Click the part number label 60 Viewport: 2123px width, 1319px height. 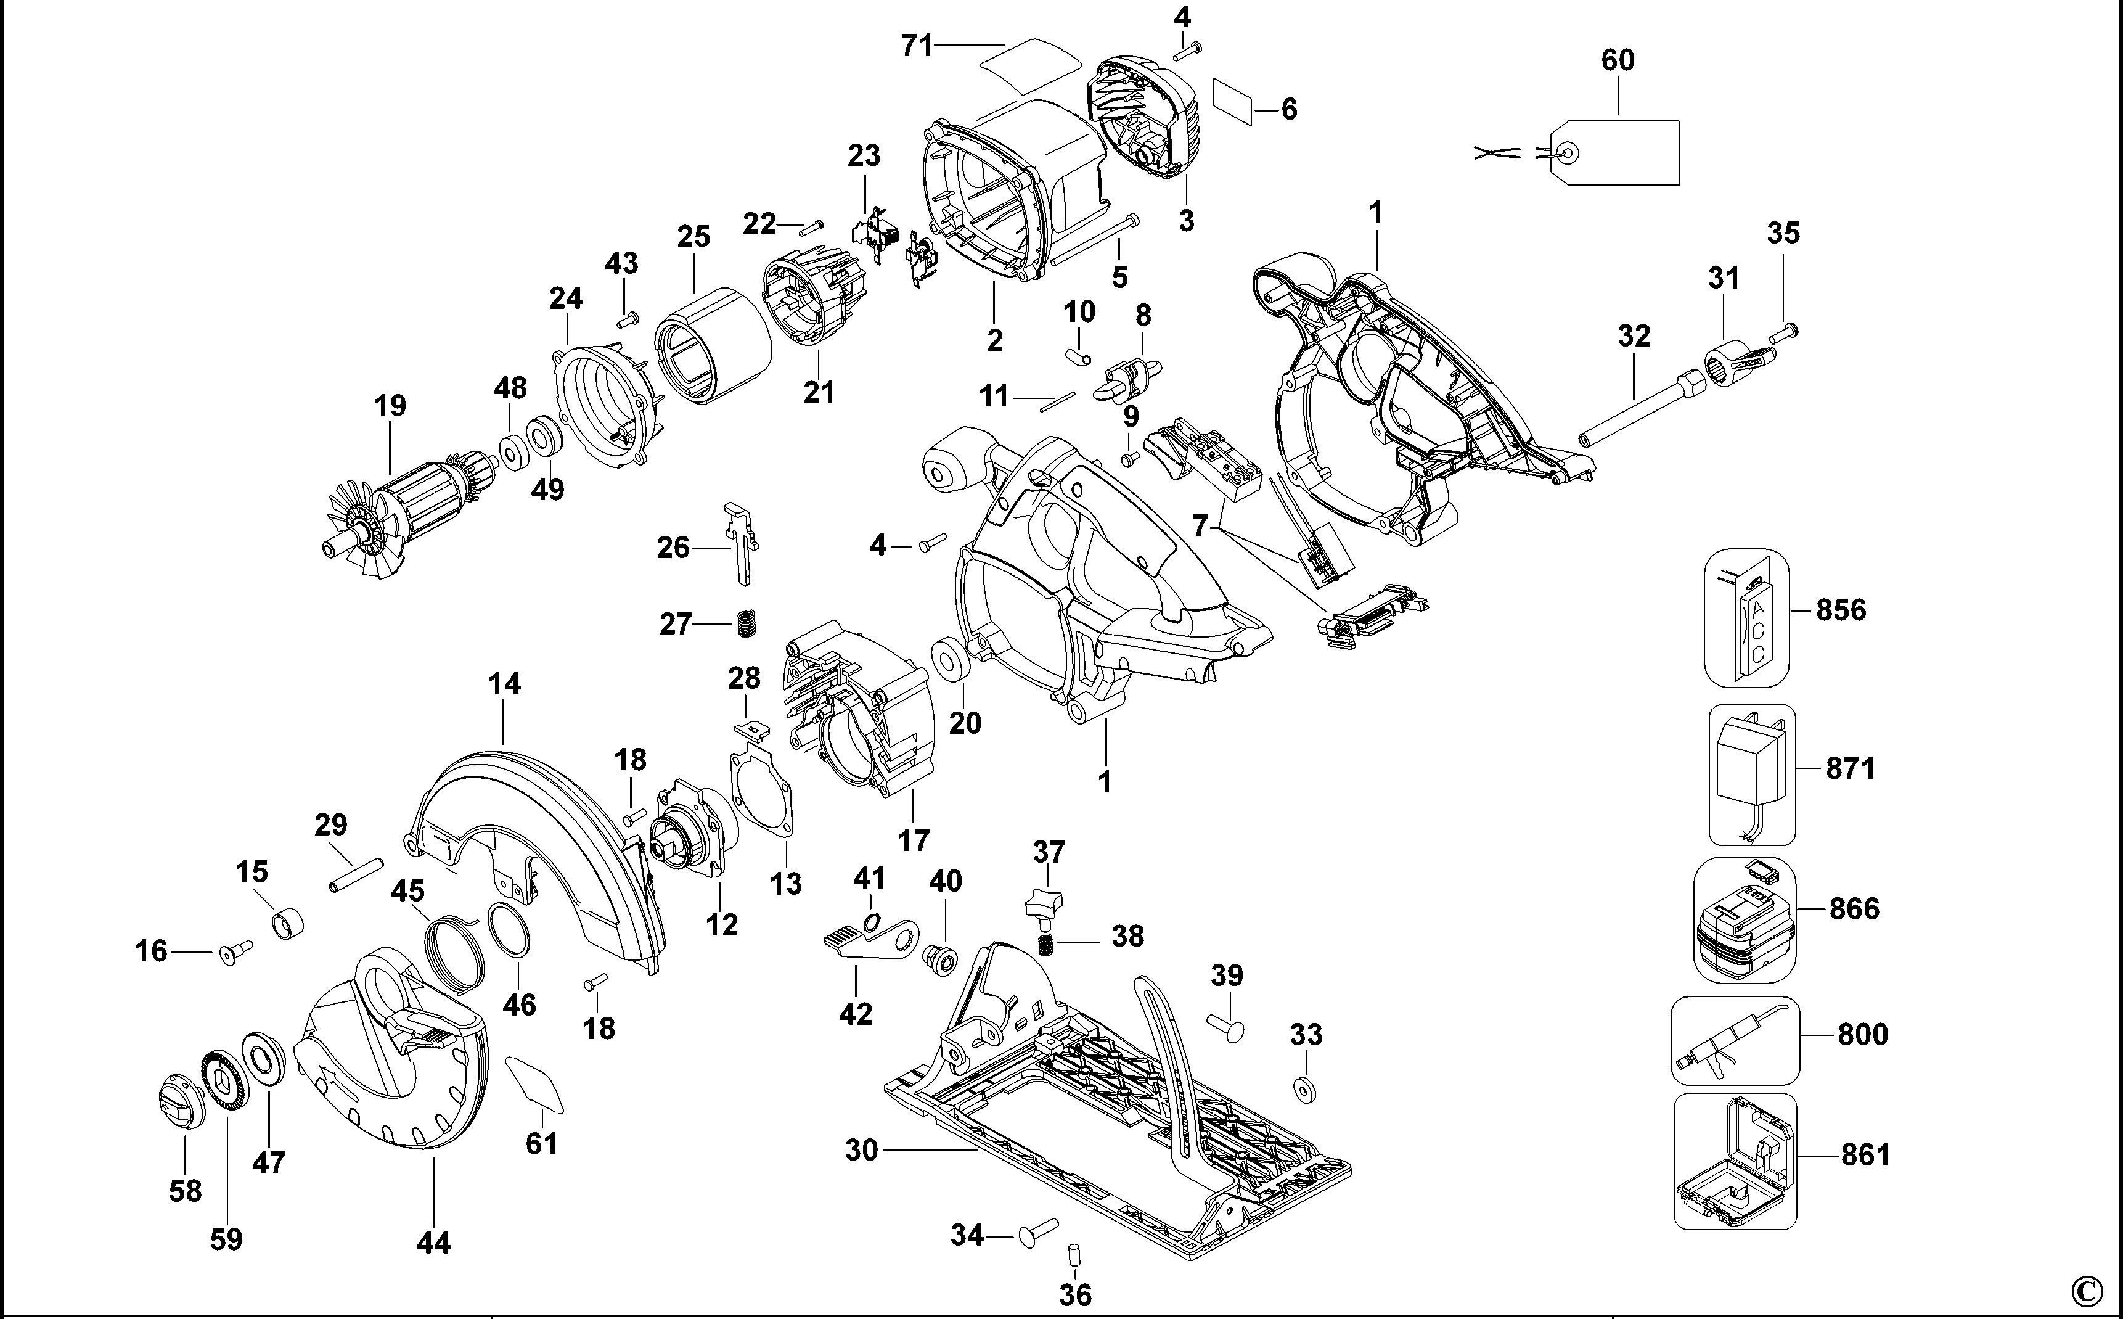(x=1618, y=60)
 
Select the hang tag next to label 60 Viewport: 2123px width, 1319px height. (x=1618, y=154)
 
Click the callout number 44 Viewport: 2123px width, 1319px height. (x=433, y=1243)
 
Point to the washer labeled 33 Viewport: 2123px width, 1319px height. (x=1304, y=1090)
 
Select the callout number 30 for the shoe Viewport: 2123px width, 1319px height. (x=861, y=1151)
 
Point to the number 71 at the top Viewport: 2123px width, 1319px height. (x=917, y=46)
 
